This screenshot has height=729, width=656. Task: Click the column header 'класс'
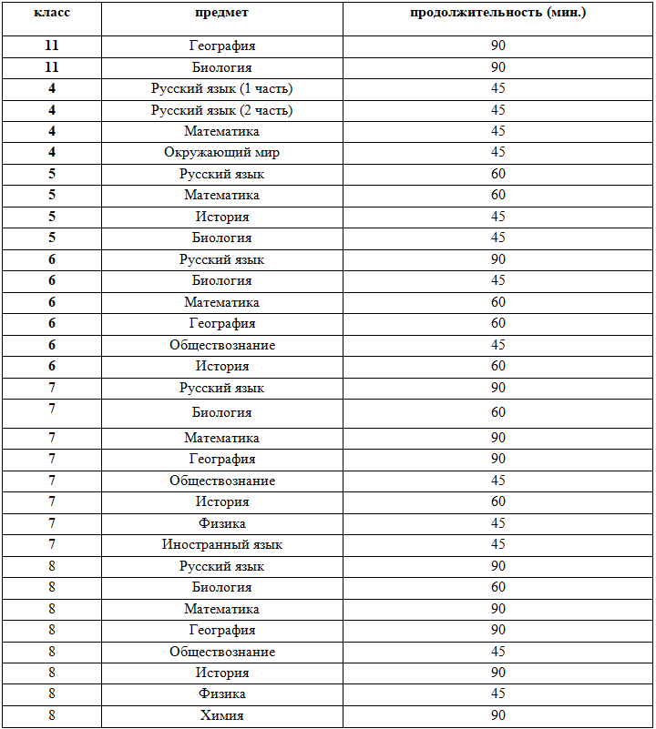52,14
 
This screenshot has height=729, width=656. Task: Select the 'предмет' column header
221,14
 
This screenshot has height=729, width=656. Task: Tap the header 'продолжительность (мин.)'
498,14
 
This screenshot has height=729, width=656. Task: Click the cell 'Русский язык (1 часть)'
221,88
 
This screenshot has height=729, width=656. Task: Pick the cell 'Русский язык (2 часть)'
221,110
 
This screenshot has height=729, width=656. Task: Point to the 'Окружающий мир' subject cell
221,153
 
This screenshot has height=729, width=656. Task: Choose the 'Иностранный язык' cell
221,545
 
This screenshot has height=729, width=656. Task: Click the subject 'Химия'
221,716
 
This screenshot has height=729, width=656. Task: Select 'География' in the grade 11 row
221,46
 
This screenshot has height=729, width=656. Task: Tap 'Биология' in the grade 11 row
221,67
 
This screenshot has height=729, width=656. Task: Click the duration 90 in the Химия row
498,716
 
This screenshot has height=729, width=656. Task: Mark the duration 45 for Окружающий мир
498,153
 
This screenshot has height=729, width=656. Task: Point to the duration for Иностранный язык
498,545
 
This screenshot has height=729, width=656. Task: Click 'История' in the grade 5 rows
221,217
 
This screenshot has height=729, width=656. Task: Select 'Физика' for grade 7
221,523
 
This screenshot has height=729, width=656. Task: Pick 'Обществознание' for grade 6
221,345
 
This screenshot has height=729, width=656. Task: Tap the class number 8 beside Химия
52,716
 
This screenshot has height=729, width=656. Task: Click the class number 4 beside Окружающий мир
52,153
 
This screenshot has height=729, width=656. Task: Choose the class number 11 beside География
52,46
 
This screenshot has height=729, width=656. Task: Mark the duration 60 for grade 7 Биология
498,413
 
